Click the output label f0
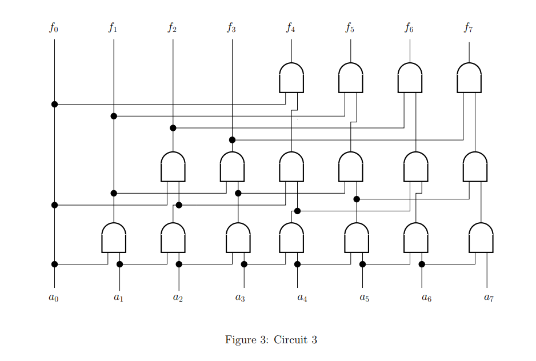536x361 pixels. [x=53, y=27]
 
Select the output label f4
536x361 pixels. [x=291, y=27]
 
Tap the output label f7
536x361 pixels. [x=469, y=27]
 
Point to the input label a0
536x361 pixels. [x=53, y=298]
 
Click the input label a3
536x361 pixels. [x=239, y=298]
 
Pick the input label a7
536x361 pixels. [x=488, y=298]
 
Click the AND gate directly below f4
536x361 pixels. [x=291, y=78]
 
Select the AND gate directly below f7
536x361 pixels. [x=469, y=78]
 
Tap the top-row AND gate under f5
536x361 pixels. [x=350, y=78]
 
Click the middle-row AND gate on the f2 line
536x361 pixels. [x=173, y=167]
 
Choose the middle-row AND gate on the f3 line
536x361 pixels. [x=232, y=167]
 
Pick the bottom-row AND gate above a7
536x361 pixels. [x=481, y=238]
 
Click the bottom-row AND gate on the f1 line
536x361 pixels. [x=114, y=238]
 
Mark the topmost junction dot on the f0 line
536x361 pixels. [x=54, y=104]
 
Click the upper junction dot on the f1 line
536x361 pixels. [x=114, y=116]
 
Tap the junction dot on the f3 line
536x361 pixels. [x=232, y=140]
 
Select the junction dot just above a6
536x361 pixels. [x=422, y=264]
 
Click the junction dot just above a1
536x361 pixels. [x=119, y=264]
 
